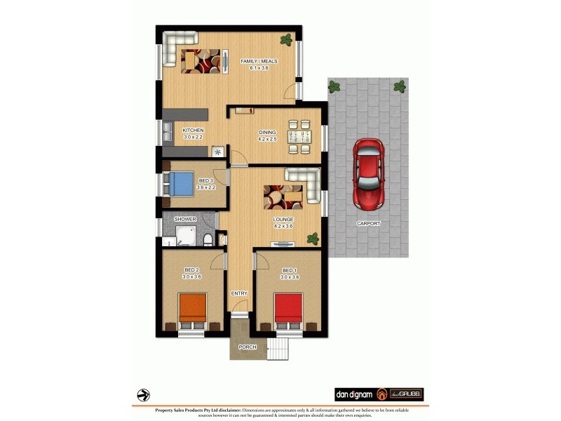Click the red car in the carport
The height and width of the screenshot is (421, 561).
tap(368, 173)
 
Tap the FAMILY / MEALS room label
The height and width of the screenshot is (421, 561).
tap(259, 62)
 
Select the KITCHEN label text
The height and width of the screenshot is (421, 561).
tap(193, 131)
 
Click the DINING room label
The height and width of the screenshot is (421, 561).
tap(267, 132)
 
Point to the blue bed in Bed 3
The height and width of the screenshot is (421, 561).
tap(182, 184)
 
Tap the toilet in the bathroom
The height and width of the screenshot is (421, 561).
tap(207, 241)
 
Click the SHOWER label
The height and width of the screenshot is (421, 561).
tap(185, 220)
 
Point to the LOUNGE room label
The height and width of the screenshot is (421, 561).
tap(283, 220)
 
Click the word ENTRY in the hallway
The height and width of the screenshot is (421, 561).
tap(239, 293)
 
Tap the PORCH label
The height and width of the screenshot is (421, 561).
tap(247, 347)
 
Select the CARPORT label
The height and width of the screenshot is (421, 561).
tap(367, 223)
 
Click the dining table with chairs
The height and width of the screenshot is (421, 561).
tap(299, 137)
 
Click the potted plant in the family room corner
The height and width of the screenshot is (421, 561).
tap(286, 39)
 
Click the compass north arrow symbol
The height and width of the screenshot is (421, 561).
tap(143, 394)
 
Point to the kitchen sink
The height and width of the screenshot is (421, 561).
tap(169, 132)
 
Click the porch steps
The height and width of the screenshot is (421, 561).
tap(280, 348)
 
